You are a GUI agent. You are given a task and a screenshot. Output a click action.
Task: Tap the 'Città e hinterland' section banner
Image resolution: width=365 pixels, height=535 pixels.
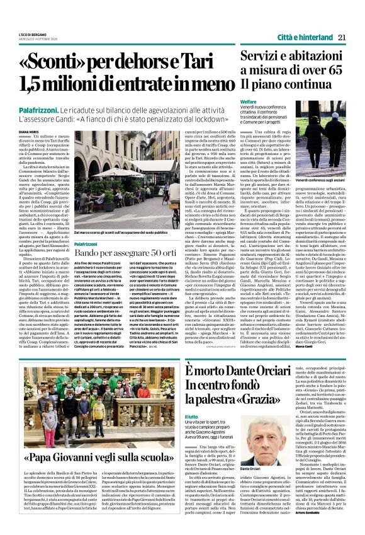pyautogui.click(x=305, y=37)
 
